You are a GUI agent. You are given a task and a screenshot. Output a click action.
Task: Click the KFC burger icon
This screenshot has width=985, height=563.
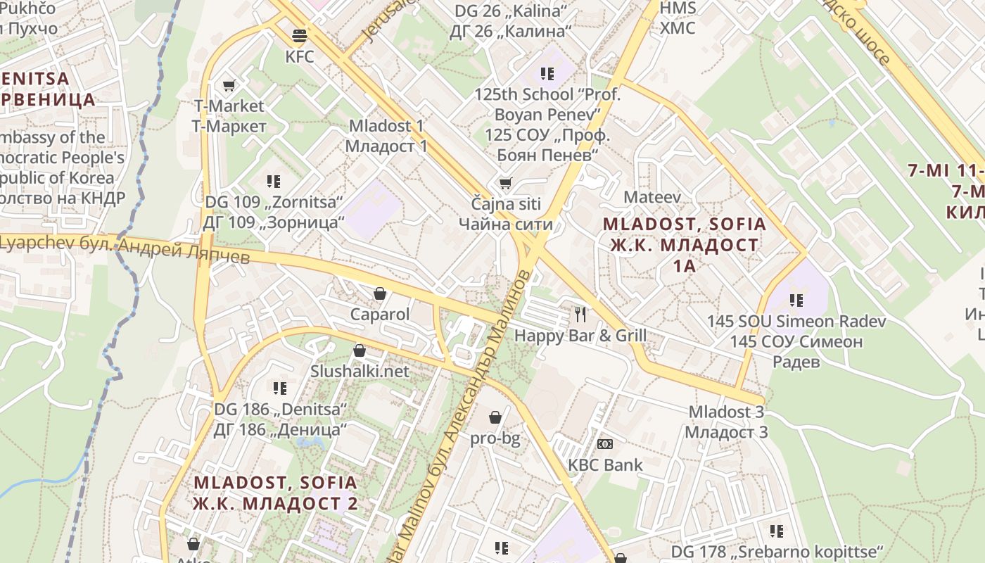[300, 35]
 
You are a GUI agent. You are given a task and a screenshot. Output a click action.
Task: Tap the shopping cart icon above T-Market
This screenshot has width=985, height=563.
[229, 86]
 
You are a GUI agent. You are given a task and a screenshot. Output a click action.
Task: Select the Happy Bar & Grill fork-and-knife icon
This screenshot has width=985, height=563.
[580, 314]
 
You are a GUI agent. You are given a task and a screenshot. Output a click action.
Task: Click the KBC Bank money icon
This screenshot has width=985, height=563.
[605, 444]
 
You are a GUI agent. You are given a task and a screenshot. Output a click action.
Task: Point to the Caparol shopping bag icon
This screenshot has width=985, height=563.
[380, 293]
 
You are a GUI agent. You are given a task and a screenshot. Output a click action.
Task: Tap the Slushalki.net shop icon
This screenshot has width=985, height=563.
[360, 350]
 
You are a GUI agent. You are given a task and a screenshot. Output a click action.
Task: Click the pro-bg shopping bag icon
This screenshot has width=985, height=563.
[495, 418]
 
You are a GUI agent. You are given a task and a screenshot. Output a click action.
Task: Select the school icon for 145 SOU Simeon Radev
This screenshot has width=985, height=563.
[796, 301]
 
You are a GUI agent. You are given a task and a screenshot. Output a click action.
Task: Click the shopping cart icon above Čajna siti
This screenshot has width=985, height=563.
[505, 184]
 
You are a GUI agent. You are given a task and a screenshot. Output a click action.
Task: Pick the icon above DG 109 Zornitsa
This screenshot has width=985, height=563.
[274, 182]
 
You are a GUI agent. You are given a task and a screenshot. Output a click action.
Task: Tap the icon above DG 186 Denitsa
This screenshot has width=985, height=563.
[280, 388]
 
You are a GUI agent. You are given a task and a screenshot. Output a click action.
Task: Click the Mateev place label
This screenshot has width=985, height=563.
[652, 197]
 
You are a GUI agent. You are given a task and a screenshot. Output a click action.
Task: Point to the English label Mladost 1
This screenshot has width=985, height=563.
[386, 126]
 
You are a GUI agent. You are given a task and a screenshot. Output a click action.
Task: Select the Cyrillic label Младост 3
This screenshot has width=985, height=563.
[726, 432]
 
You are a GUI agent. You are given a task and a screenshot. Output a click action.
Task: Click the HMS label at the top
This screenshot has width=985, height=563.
[678, 8]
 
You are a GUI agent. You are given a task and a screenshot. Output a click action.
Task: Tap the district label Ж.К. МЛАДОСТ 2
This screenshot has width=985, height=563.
[275, 504]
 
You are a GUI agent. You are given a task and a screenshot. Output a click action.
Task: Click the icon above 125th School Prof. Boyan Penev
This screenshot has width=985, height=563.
[547, 73]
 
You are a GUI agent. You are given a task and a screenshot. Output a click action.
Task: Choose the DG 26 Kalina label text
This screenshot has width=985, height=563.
[511, 11]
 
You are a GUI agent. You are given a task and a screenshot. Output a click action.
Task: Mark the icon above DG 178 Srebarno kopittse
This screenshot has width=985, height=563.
[777, 531]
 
